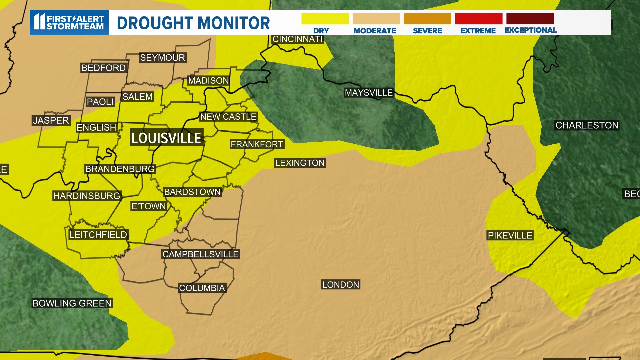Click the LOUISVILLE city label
coord(166,138)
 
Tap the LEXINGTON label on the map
coord(299,163)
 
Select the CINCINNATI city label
coord(297,39)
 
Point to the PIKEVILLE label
coord(510,235)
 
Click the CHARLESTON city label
coord(587,125)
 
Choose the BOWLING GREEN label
coord(72,303)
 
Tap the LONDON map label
coord(340,285)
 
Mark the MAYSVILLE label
coord(369,93)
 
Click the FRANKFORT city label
coord(257,144)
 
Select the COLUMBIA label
coord(202,288)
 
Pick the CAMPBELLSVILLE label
coord(200,254)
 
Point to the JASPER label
coord(51,120)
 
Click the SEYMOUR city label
coord(162,58)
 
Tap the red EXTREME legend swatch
coord(478,19)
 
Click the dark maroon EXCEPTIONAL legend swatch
coord(530,19)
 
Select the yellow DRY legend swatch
coord(325,19)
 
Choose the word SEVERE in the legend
coord(427,31)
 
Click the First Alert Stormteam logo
coord(69,22)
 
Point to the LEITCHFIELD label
coord(98,235)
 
